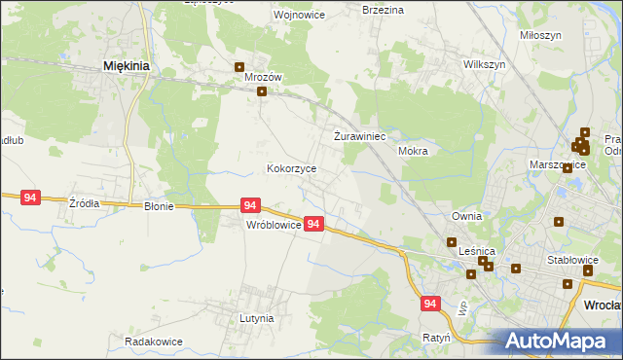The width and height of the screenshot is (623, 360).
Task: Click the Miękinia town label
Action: coord(126,66)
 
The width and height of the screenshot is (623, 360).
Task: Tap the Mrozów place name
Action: coord(263,76)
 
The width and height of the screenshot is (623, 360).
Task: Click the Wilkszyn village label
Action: coord(485,63)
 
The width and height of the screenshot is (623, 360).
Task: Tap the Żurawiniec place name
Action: coord(361,136)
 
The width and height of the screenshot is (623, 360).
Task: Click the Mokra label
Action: coord(414,152)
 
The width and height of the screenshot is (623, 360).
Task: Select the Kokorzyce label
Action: coord(291,168)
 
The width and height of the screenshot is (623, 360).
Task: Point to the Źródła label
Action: coord(84,203)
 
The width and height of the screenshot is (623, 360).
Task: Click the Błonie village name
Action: coord(159,206)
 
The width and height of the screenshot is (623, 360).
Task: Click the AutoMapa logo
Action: coord(557,342)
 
